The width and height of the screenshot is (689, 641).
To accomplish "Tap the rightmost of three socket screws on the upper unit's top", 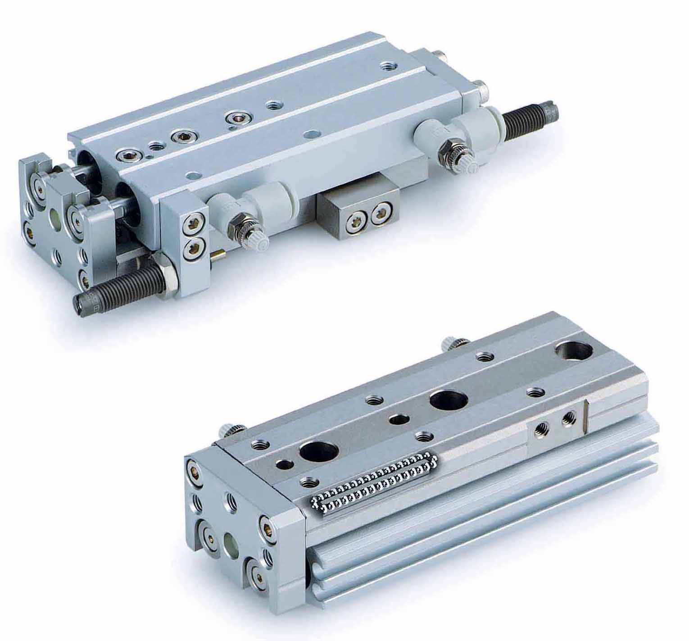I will pyautogui.click(x=234, y=118).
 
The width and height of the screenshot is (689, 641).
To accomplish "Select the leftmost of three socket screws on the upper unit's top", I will pyautogui.click(x=125, y=156).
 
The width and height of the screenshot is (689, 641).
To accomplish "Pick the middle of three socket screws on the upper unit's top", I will pyautogui.click(x=181, y=136).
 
